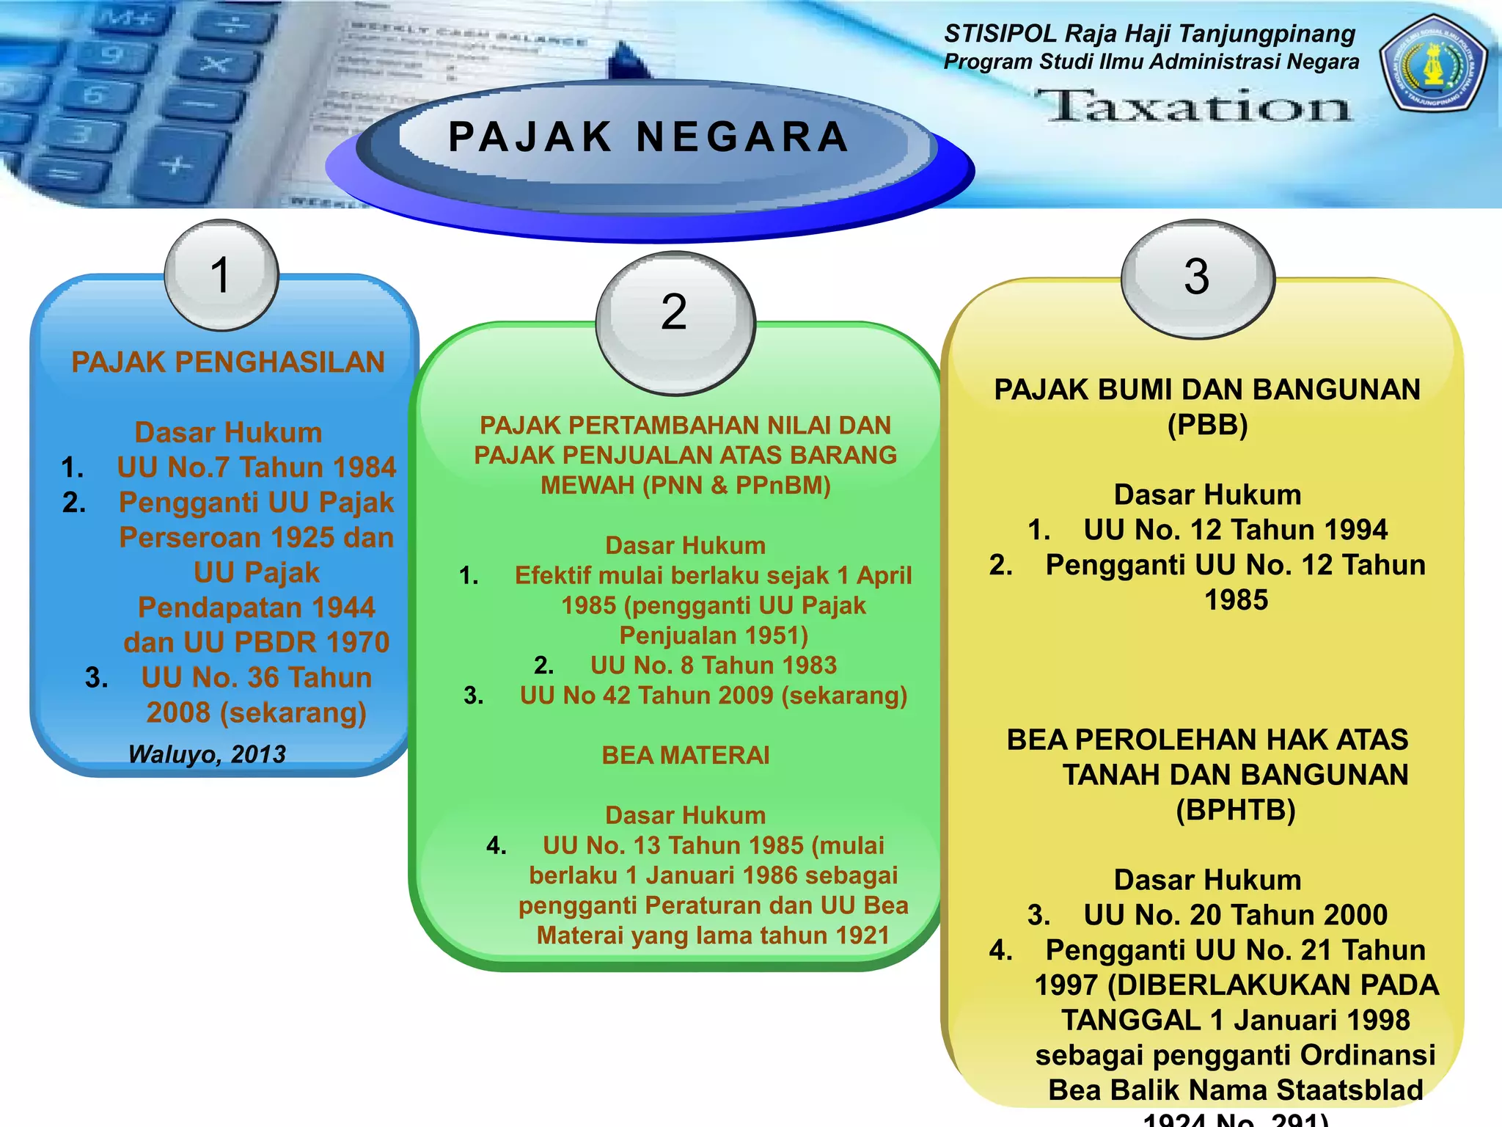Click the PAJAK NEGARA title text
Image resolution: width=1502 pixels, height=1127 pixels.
648,137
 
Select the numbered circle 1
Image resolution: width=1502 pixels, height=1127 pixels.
221,275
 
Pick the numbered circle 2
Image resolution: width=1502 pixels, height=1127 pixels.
675,313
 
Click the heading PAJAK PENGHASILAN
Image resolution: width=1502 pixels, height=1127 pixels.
228,362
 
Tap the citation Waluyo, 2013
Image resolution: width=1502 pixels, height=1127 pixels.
207,754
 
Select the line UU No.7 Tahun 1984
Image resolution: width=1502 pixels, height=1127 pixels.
256,467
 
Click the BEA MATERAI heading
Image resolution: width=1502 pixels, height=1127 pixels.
686,755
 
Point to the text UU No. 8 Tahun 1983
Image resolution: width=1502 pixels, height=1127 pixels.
713,665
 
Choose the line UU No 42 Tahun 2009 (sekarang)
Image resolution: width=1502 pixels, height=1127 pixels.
713,696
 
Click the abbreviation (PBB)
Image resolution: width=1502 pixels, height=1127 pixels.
1207,425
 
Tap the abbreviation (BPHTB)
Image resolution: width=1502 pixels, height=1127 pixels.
1236,810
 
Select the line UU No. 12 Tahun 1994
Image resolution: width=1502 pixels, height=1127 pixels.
1235,530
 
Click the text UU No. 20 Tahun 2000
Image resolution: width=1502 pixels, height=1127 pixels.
1235,915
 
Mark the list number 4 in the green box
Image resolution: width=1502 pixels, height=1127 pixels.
497,846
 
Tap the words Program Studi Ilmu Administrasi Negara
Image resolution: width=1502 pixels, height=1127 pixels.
1151,62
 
